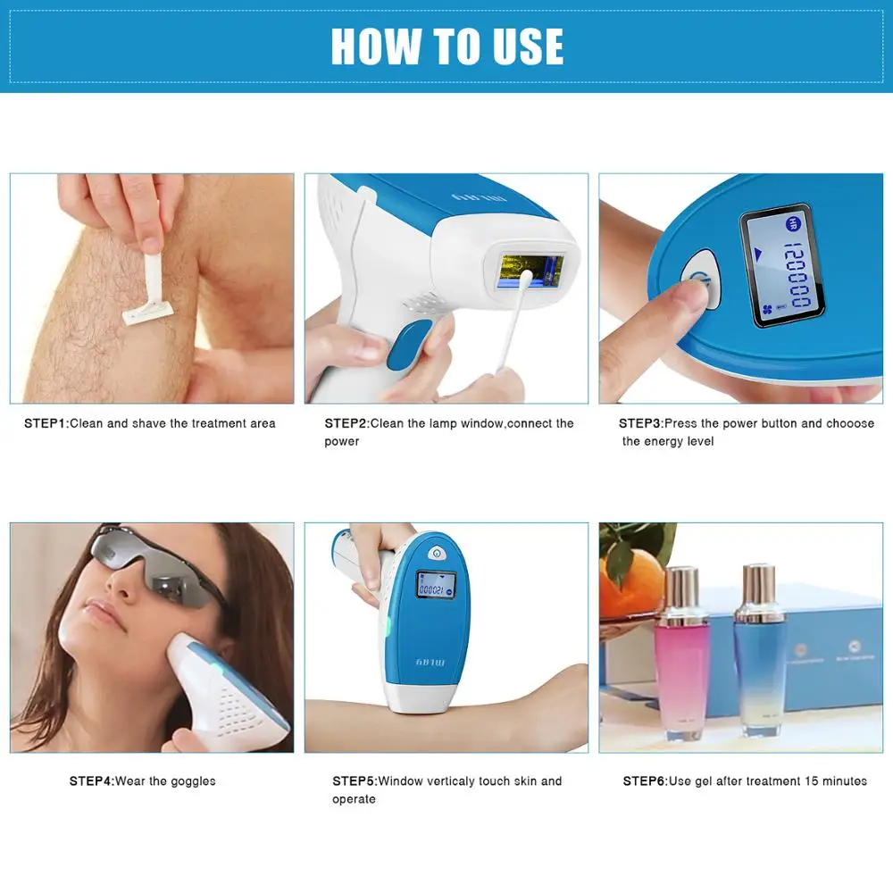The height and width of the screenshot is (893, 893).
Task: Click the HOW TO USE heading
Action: (x=446, y=46)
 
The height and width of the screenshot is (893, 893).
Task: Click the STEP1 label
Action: (x=45, y=423)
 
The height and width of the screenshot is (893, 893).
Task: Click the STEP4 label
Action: (x=91, y=780)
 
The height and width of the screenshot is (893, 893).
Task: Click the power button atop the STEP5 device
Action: (x=437, y=552)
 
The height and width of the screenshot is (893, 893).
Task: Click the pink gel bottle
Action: (x=683, y=652)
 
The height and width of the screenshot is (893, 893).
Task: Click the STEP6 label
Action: (x=644, y=780)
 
